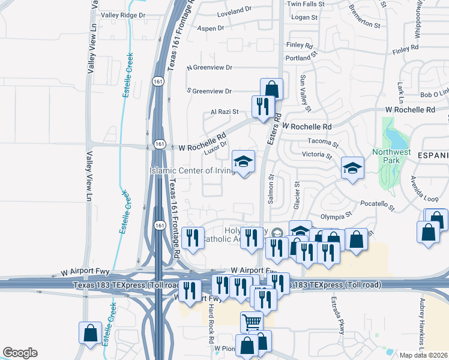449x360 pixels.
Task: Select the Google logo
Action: [x=20, y=353]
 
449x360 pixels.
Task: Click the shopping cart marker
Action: [x=252, y=323]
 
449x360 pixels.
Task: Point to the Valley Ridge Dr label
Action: [x=123, y=15]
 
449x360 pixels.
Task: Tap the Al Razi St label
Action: [x=224, y=112]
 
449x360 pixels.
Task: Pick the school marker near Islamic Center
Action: [x=243, y=162]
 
